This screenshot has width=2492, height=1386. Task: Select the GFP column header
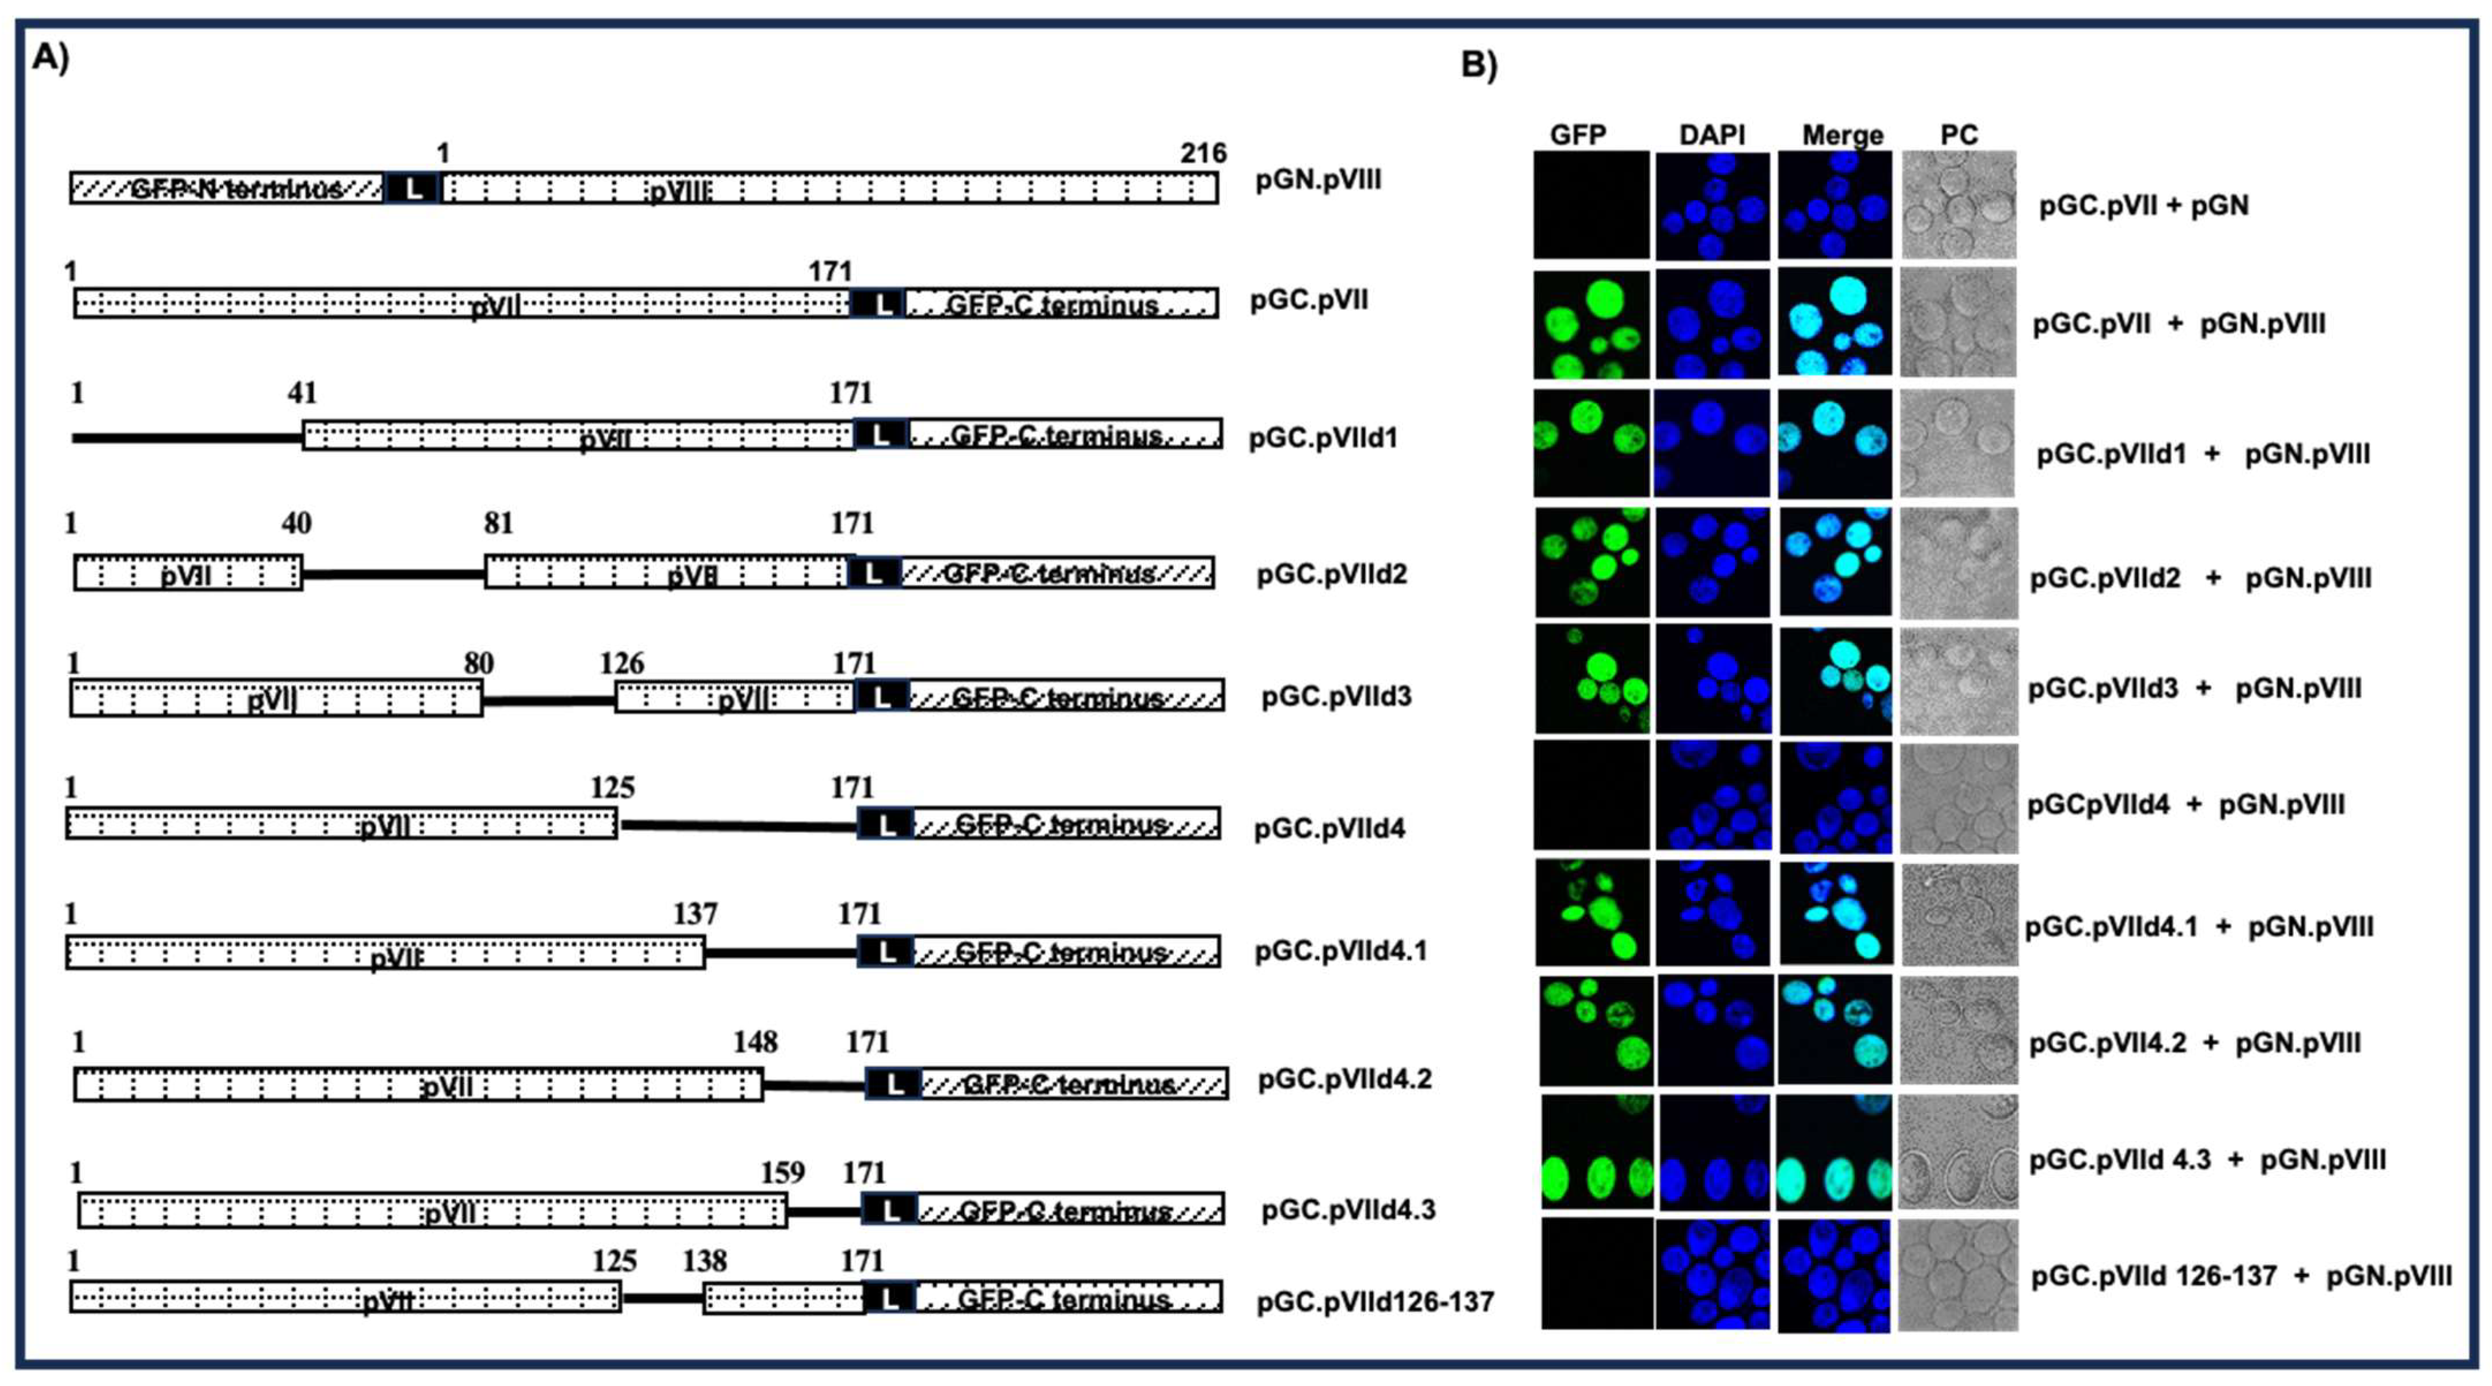coord(1578,134)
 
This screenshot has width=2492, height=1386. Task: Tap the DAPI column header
coord(1711,134)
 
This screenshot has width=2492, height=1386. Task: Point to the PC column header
coord(1959,134)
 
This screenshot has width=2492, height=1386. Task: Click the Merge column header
coord(1842,134)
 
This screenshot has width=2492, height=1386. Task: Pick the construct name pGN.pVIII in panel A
coord(1317,180)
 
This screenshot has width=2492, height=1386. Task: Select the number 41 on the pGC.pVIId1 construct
coord(302,393)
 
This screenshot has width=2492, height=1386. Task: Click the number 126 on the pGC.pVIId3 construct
coord(621,664)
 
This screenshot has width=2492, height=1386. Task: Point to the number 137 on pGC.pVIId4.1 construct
coord(695,914)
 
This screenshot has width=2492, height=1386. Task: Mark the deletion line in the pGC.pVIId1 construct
coord(188,439)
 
